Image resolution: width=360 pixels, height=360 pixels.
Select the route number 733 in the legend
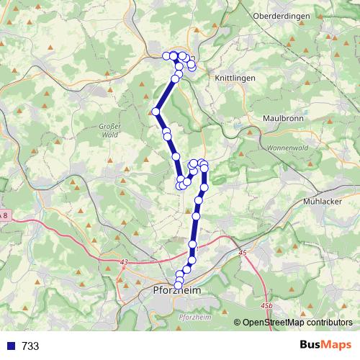30,346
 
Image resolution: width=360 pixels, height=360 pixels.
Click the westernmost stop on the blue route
156,111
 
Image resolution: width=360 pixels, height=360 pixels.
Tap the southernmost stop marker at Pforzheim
179,286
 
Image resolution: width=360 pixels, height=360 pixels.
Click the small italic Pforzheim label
192,318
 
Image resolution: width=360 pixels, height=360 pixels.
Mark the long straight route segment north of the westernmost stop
166,94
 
